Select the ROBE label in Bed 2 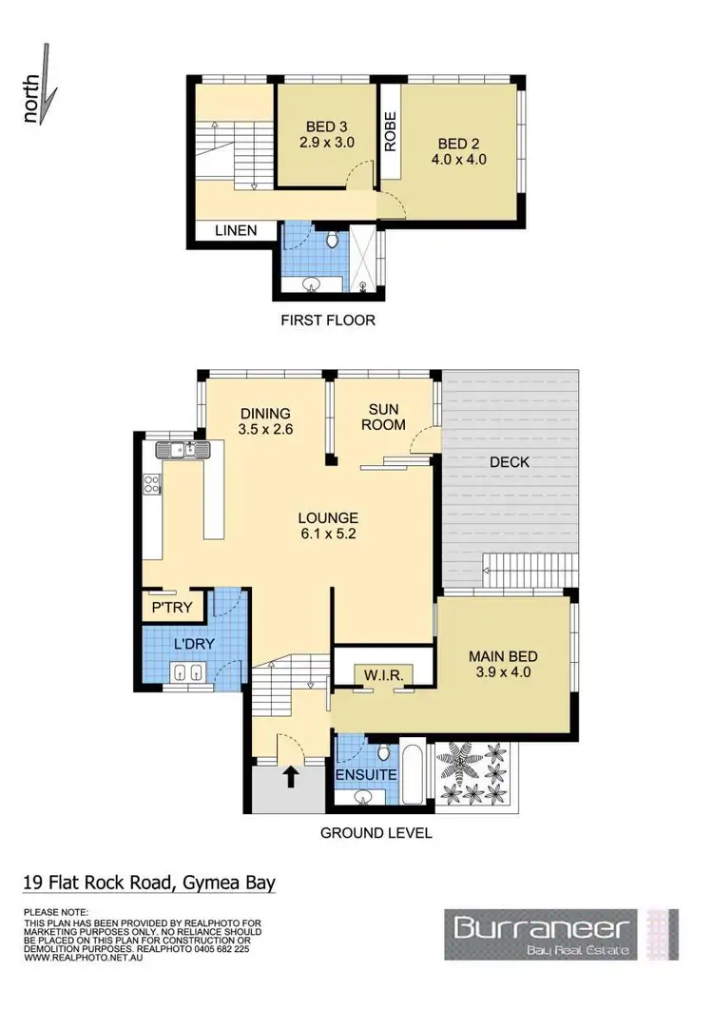(x=390, y=132)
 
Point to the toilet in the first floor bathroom (x=332, y=241)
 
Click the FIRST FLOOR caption (x=328, y=320)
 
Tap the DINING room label (x=265, y=414)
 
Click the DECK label (x=510, y=462)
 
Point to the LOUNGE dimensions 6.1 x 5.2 (x=328, y=535)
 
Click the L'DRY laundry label (x=193, y=644)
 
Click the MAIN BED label (x=504, y=656)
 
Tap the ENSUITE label (x=366, y=775)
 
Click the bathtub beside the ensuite (x=414, y=773)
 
